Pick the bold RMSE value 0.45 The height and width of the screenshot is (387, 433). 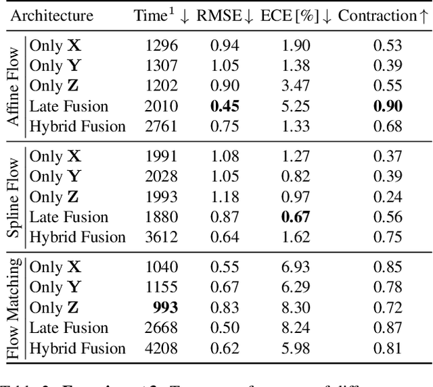tap(226, 106)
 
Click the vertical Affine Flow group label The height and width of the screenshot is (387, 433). tap(13, 86)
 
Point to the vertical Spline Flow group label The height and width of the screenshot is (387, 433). tap(13, 197)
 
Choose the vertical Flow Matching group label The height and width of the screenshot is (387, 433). tap(13, 308)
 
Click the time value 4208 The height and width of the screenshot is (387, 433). tap(162, 349)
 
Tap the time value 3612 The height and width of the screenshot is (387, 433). tap(162, 237)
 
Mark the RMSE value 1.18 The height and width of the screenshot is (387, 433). tap(226, 197)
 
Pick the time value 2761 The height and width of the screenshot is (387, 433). tap(162, 126)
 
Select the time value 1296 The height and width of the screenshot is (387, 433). tap(162, 46)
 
